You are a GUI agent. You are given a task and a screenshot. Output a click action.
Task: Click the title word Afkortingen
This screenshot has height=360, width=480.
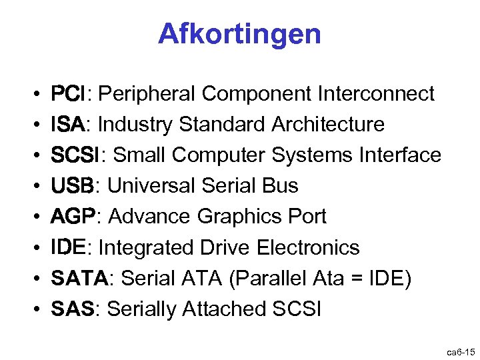[239, 33]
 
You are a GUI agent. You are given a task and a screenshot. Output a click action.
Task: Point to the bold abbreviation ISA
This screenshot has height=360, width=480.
[67, 125]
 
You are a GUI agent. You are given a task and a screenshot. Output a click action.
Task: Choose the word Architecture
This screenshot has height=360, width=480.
[328, 125]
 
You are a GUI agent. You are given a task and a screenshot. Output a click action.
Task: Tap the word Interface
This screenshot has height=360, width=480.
[400, 155]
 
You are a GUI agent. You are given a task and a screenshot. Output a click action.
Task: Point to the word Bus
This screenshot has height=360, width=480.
[279, 186]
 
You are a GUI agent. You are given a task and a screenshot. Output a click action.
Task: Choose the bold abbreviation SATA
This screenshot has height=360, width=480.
[79, 279]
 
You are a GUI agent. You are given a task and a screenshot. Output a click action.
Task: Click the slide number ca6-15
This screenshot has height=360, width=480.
[459, 351]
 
